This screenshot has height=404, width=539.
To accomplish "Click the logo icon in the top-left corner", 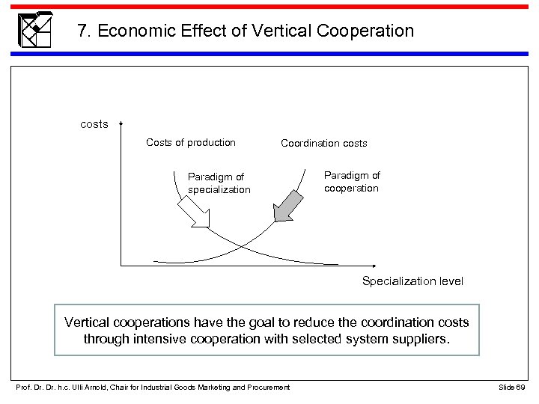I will click(x=34, y=30).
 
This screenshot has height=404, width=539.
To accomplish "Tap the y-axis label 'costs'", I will click(x=94, y=124).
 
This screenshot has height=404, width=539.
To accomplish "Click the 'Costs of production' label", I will click(x=190, y=142).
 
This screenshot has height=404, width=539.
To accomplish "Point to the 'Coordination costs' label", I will click(x=323, y=143).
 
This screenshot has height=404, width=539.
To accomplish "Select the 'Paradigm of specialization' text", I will click(x=218, y=183).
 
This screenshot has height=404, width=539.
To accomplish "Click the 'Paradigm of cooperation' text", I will click(x=351, y=181).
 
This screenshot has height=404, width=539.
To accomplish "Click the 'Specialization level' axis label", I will click(x=412, y=281).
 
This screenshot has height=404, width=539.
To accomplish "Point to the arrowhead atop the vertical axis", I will click(x=121, y=125).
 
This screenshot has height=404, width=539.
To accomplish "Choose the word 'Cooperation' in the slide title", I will click(x=366, y=31).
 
